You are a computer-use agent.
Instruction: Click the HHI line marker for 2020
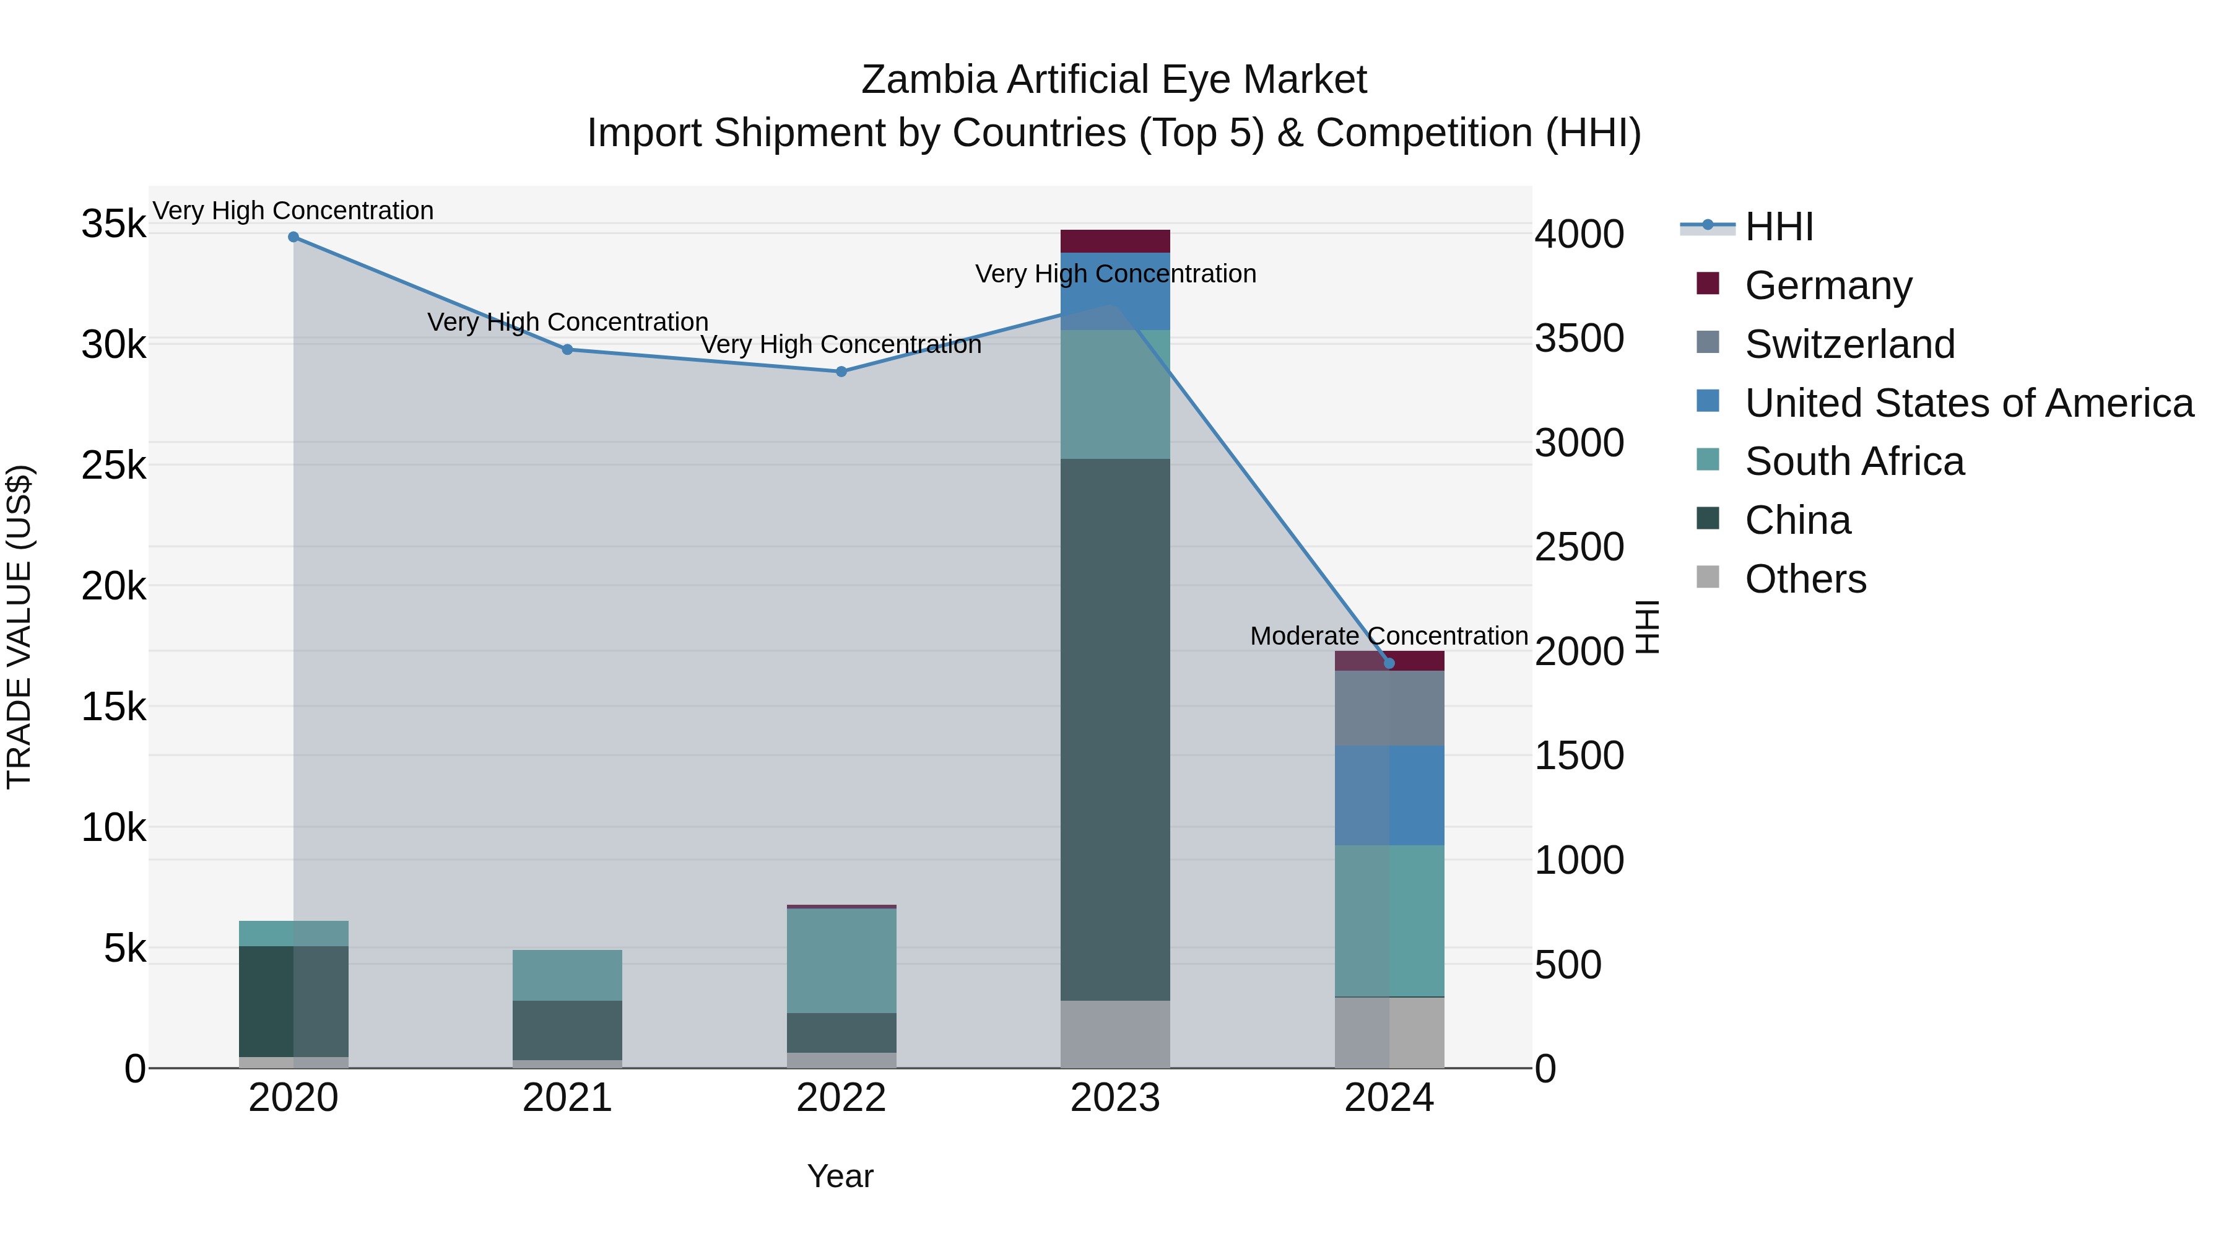coord(293,237)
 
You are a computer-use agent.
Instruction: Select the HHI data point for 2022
coord(841,372)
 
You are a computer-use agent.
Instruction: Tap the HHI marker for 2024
coord(1389,663)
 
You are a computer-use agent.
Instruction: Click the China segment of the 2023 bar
coord(1115,729)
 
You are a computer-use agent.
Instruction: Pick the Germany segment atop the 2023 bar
coord(1115,241)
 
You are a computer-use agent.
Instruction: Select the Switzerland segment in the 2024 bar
coord(1389,707)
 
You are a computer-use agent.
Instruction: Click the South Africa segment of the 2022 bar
coord(841,960)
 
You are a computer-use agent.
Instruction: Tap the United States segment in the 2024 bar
coord(1389,795)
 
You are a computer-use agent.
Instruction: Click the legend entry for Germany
coord(1828,285)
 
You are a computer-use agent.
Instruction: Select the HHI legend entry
coord(1778,227)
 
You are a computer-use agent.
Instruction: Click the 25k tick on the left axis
coord(113,466)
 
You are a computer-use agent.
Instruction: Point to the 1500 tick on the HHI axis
coord(1579,755)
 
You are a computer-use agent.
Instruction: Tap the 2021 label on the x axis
coord(567,1098)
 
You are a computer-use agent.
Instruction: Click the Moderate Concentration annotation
coord(1389,635)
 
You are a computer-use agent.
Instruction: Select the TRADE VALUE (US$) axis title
coord(19,627)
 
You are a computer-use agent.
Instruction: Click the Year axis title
coord(840,1176)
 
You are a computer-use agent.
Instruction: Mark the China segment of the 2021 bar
coord(567,1030)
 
